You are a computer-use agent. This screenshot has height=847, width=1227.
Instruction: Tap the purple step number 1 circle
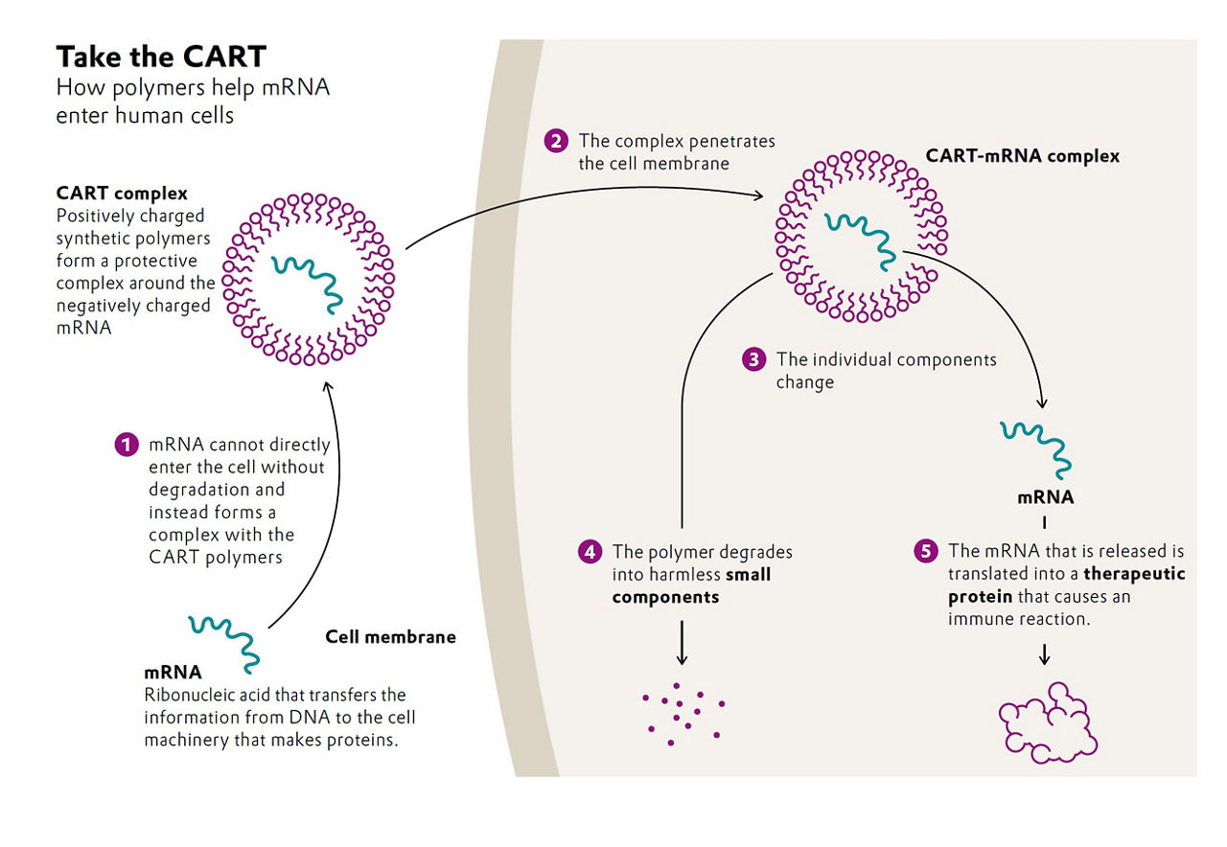pos(127,446)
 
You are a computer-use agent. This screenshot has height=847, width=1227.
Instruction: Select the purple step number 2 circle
pos(556,142)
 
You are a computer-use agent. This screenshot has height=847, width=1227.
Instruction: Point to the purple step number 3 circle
pos(754,360)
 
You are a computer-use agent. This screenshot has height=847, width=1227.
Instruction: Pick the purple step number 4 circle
pos(590,552)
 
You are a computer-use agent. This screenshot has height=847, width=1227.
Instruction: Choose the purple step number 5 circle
pos(925,552)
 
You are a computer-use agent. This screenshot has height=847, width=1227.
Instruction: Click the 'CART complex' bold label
pos(122,195)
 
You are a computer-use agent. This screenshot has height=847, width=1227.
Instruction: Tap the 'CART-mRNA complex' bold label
pos(1022,155)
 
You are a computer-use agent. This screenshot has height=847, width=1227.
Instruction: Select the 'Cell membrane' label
pos(391,636)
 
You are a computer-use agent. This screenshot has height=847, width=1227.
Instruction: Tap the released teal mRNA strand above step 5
pos(1036,446)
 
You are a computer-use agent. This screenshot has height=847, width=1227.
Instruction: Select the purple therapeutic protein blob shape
pos(1047,721)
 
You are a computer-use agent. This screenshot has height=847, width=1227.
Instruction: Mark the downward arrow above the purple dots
pos(682,642)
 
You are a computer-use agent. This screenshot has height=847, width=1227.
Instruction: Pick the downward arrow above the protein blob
pos(1045,652)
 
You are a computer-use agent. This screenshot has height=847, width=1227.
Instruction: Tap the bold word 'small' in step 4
pos(748,575)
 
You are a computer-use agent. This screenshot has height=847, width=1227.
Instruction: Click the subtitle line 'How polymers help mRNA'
pos(193,88)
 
